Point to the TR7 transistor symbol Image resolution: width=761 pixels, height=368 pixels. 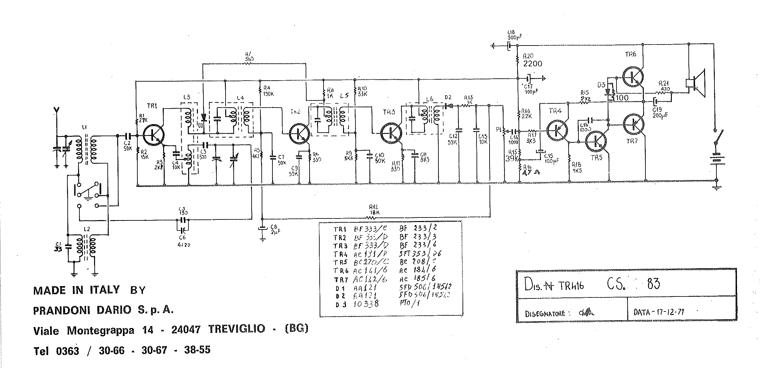(x=633, y=124)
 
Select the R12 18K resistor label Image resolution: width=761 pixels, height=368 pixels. (x=374, y=210)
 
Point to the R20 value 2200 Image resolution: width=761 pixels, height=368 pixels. (x=533, y=63)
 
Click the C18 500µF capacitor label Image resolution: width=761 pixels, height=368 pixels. (x=516, y=35)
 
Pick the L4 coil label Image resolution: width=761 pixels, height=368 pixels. (x=240, y=98)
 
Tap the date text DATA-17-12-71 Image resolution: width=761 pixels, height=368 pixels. (x=659, y=312)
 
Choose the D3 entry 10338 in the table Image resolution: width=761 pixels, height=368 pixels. (x=366, y=304)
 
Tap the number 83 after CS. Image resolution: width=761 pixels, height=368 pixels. (x=653, y=283)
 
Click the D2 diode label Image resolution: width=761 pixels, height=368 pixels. (x=448, y=97)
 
